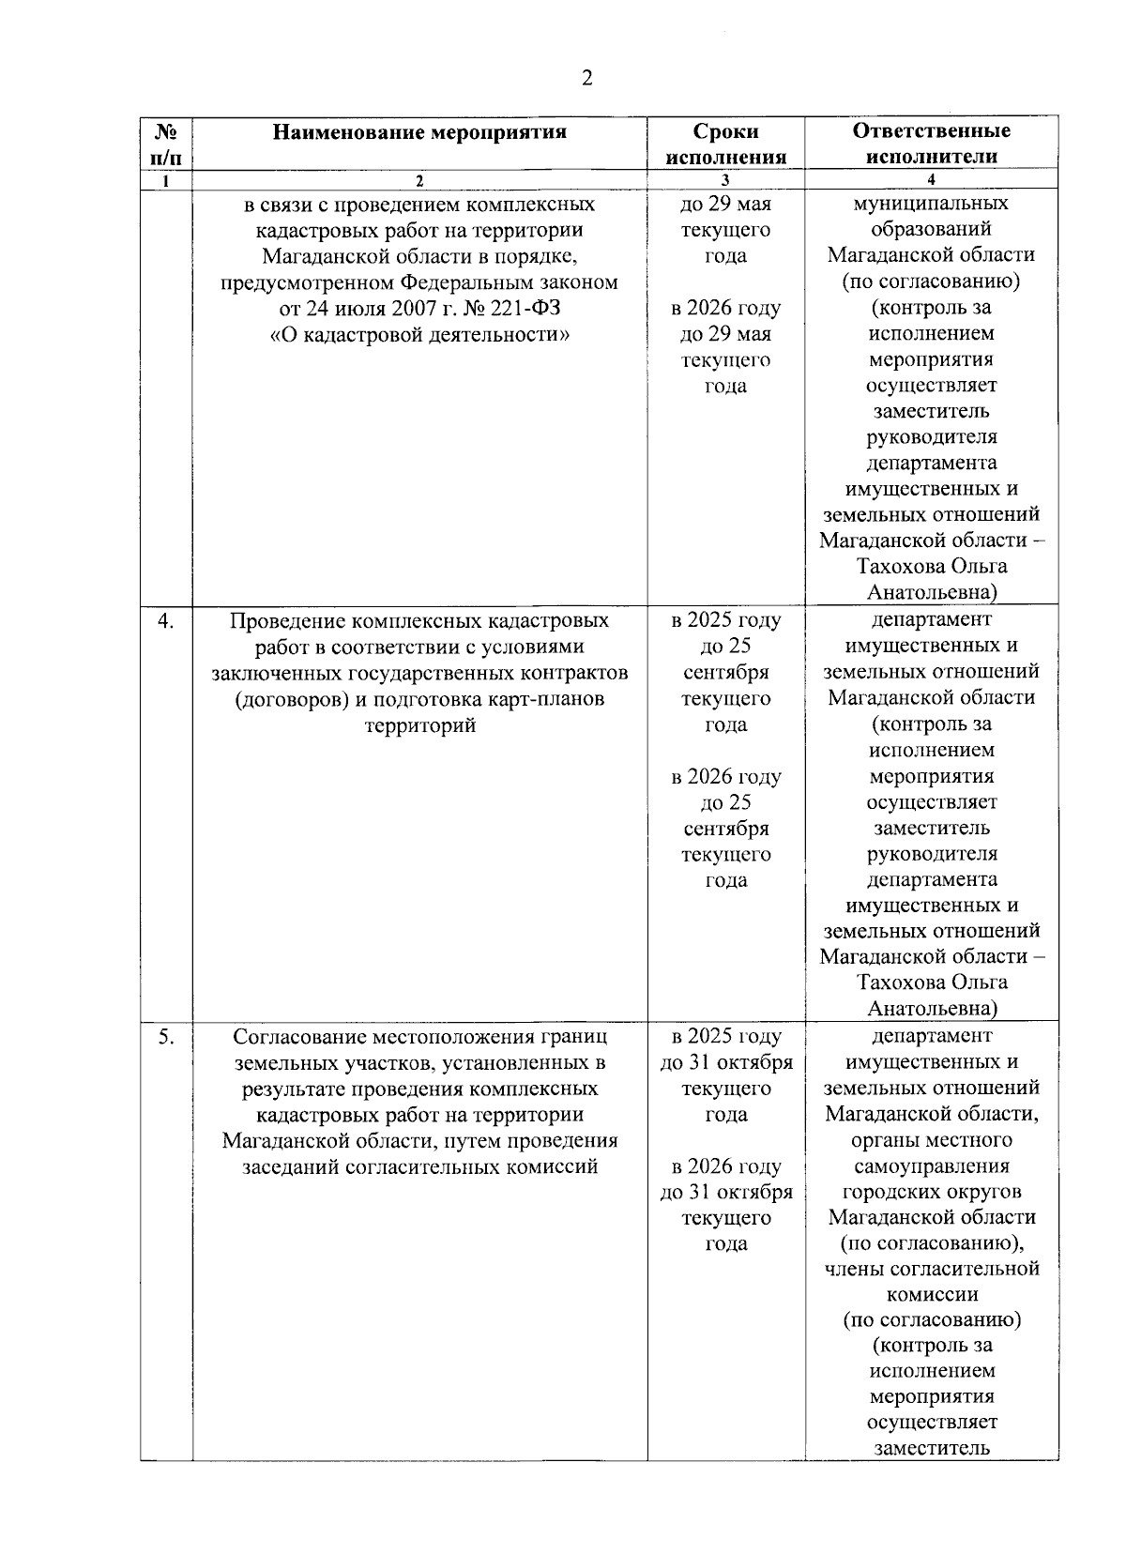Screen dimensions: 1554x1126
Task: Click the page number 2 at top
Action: pos(586,79)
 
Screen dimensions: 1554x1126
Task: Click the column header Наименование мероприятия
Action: pos(419,132)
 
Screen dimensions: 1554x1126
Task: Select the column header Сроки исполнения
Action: pos(725,144)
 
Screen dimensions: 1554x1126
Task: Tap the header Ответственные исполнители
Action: pos(931,144)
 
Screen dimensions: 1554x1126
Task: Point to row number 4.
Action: pos(165,621)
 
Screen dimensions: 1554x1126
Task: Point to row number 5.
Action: pos(165,1038)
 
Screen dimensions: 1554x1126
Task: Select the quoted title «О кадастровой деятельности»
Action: pos(419,334)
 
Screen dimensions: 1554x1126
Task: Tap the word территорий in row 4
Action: pos(419,725)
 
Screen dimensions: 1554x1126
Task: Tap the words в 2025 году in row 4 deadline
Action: pos(725,621)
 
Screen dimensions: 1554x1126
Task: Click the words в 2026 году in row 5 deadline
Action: pos(725,1167)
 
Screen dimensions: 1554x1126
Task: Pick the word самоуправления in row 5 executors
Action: pos(931,1167)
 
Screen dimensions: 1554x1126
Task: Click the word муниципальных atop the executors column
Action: pos(931,204)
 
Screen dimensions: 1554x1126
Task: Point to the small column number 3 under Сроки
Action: pos(725,180)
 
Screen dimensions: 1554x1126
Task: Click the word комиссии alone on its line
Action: pos(931,1295)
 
